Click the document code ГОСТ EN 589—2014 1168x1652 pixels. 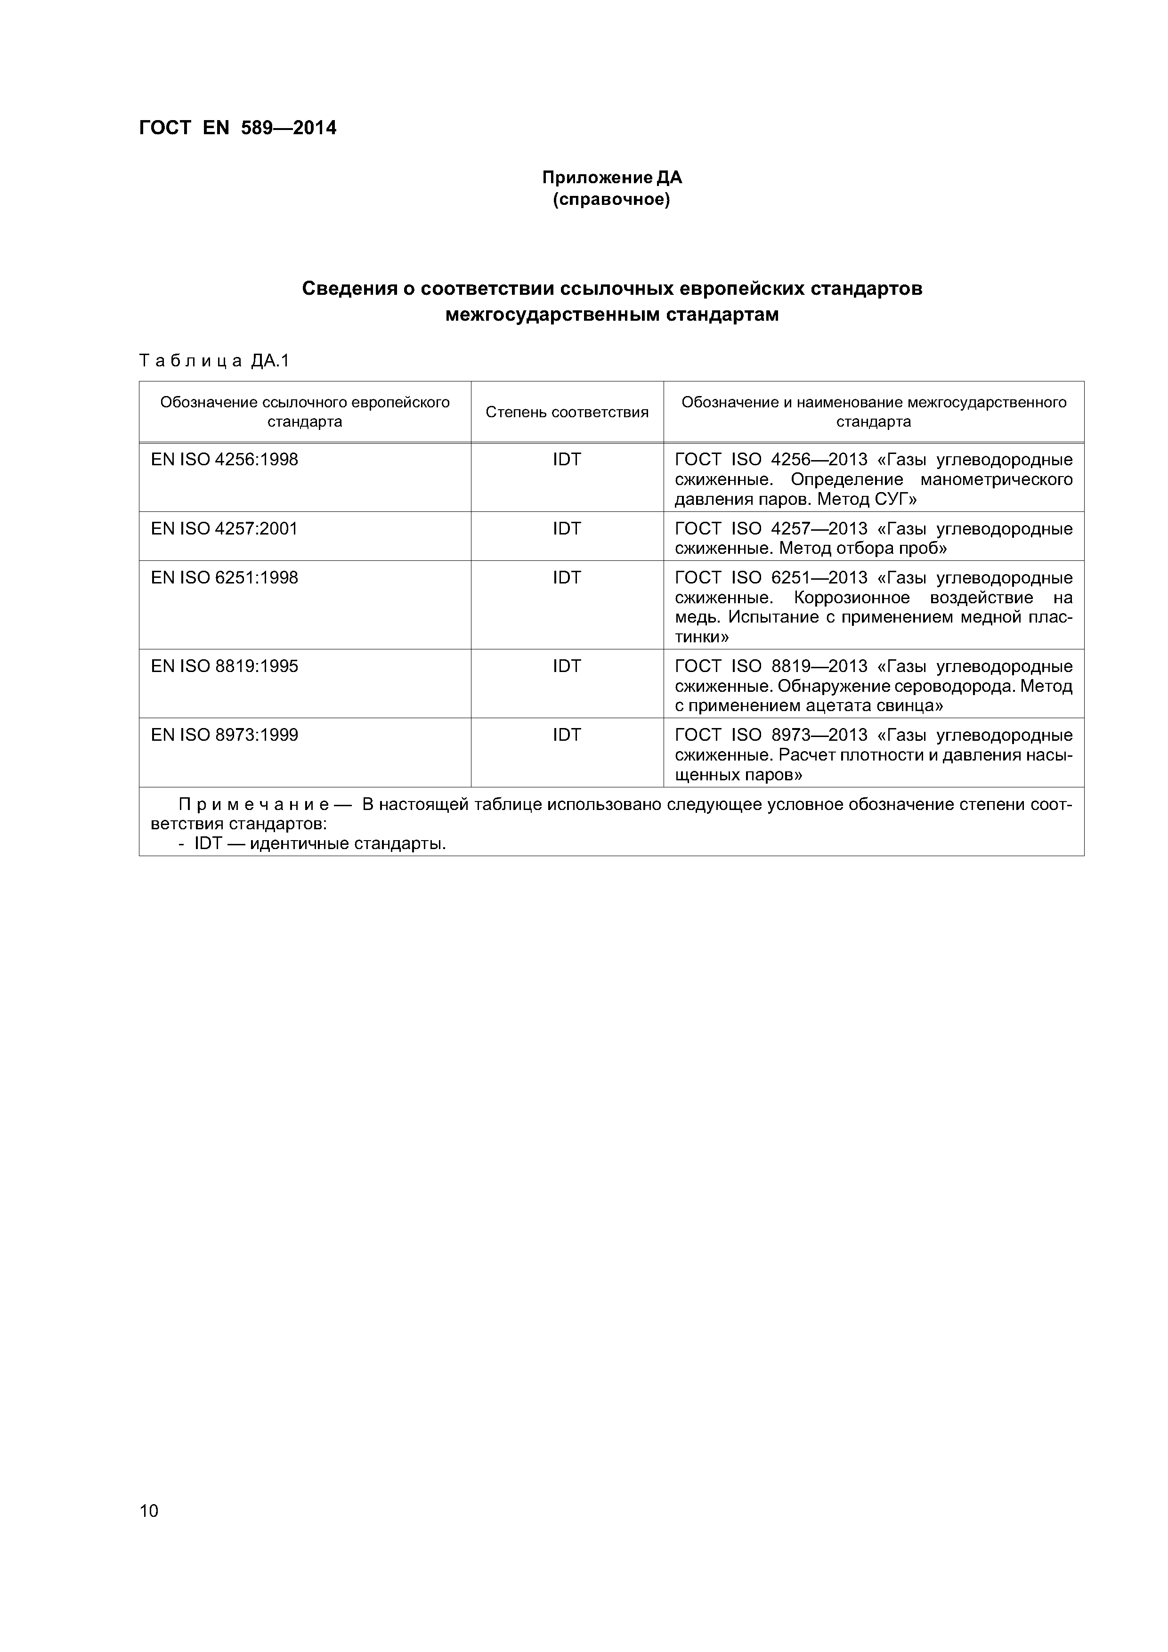[x=237, y=128]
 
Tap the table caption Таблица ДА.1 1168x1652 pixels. [x=214, y=360]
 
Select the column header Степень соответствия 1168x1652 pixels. [x=567, y=412]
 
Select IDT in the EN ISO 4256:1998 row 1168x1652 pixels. [x=567, y=459]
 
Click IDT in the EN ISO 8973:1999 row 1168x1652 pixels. [x=567, y=735]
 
